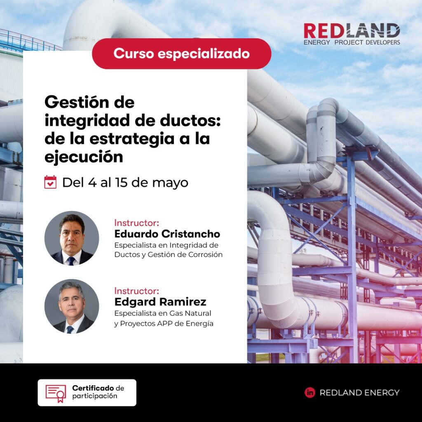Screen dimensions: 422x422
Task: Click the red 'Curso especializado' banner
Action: point(181,54)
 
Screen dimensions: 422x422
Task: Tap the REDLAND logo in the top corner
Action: point(352,31)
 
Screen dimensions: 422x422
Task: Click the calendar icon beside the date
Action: point(50,182)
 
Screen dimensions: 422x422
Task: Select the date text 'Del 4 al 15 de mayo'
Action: point(125,183)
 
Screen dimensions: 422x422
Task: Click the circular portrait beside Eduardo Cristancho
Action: point(72,238)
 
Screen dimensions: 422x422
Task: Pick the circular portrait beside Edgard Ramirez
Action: point(72,306)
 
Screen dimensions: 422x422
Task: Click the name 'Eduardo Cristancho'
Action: point(167,234)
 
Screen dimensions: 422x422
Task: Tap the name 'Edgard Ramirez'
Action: point(160,302)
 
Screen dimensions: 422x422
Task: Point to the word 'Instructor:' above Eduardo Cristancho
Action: point(136,223)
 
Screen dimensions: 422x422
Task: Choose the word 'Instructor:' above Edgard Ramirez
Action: point(136,291)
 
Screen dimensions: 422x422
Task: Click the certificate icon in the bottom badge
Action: point(56,393)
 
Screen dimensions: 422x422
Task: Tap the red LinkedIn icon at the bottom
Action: point(309,393)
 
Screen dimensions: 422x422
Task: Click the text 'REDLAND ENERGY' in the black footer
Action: point(359,393)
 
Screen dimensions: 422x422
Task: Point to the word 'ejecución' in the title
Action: point(84,157)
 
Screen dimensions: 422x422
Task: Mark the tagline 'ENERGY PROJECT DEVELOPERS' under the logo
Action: point(352,42)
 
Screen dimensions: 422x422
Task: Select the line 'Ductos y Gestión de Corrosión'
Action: point(168,255)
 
